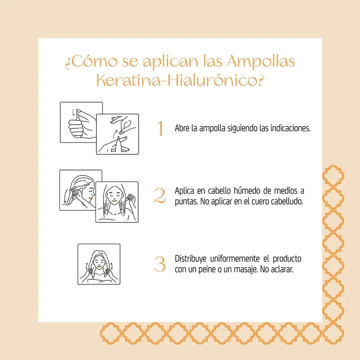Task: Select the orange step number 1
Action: click(x=160, y=128)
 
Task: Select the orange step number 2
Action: click(x=160, y=196)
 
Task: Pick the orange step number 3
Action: click(x=160, y=264)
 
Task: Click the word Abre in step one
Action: click(x=182, y=128)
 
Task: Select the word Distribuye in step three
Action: click(x=192, y=259)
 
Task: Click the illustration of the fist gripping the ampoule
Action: click(x=81, y=121)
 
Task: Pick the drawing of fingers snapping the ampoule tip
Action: click(x=117, y=134)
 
